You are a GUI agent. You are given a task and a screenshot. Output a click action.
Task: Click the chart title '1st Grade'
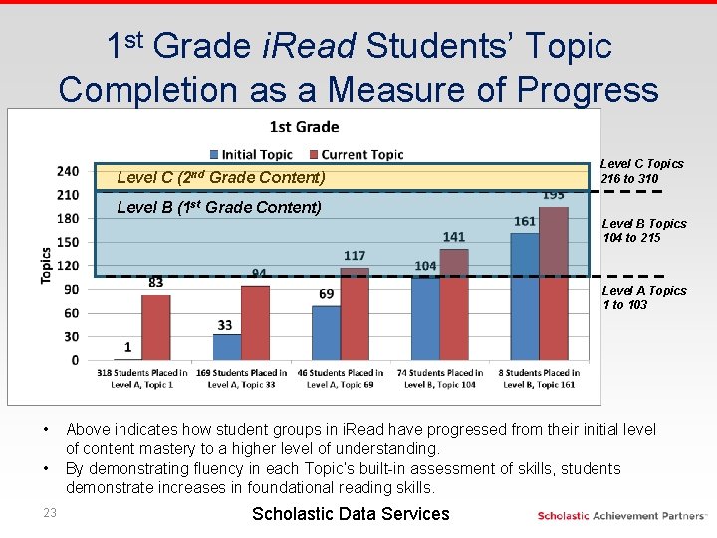pos(304,127)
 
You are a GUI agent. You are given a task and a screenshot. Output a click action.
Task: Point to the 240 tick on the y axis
pos(68,171)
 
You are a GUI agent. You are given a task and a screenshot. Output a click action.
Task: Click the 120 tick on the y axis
pos(68,266)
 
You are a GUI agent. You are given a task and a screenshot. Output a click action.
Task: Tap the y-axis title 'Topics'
pos(46,265)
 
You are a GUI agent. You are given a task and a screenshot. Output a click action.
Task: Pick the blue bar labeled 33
pos(226,347)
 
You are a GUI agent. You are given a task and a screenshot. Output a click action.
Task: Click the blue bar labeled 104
pos(424,319)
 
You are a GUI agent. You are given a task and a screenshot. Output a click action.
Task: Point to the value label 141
pos(454,237)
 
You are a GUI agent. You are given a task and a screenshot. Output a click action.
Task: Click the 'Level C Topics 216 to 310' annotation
pos(643,170)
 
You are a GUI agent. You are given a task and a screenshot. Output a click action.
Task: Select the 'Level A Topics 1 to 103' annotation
pos(643,297)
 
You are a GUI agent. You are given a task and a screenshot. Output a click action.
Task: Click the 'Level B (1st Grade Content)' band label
pos(219,207)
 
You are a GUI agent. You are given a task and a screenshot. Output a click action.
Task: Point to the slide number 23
pos(50,513)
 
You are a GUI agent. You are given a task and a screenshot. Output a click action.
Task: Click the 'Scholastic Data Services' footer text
pos(351,514)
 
